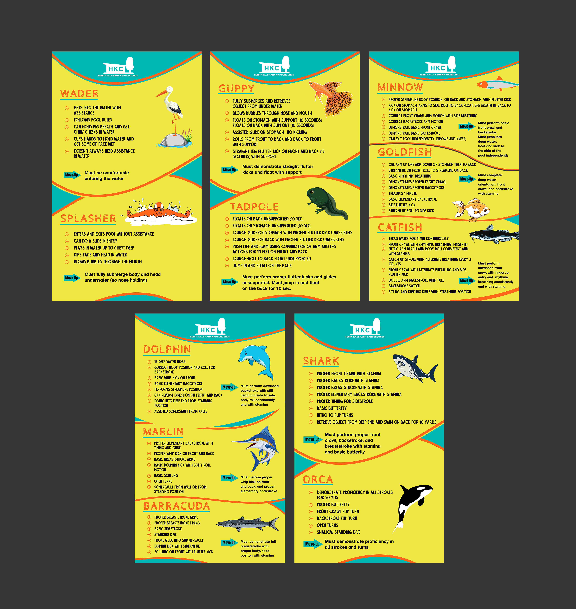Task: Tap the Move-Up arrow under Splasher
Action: click(72, 278)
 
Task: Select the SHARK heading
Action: click(321, 361)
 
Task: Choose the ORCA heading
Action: click(317, 479)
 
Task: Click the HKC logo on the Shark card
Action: click(365, 329)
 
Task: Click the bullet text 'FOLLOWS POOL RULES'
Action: click(93, 120)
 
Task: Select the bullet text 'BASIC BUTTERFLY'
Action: click(332, 408)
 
